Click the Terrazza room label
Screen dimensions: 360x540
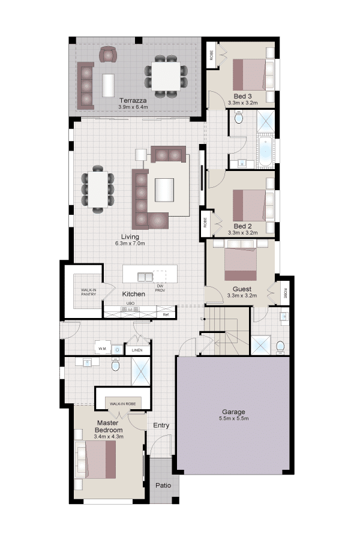(x=133, y=101)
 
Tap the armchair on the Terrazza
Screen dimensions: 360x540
(x=108, y=55)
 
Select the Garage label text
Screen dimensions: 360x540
(x=233, y=412)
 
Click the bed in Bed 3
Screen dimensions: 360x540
(x=250, y=75)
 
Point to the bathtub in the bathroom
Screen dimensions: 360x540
(x=266, y=152)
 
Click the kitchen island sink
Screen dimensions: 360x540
(x=145, y=277)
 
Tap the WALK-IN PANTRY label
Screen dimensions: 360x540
(x=89, y=292)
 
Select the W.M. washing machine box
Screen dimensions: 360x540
(x=103, y=349)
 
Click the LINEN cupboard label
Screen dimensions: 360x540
(x=137, y=350)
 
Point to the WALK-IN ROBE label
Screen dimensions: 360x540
(x=122, y=404)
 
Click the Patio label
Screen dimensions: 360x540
(x=163, y=485)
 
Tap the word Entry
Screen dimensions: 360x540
(x=161, y=425)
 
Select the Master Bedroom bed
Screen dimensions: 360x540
(x=96, y=460)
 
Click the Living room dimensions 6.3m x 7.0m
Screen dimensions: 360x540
(x=130, y=243)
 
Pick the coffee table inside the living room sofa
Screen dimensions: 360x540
(x=164, y=190)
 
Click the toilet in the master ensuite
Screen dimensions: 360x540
(x=115, y=364)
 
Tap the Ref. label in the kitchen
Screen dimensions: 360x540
(x=166, y=315)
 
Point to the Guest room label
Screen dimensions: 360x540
(x=242, y=289)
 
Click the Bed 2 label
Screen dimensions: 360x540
(x=242, y=226)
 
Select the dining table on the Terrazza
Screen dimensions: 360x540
(x=166, y=76)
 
